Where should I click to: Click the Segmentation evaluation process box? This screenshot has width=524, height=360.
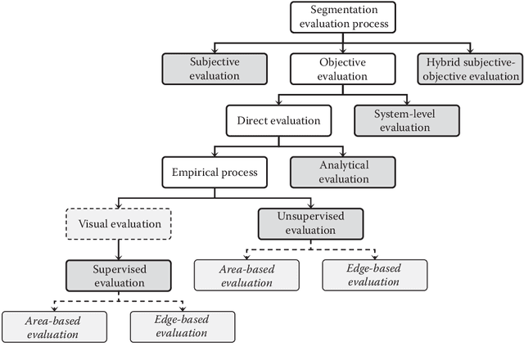pos(342,17)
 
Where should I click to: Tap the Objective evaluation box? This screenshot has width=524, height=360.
pos(341,68)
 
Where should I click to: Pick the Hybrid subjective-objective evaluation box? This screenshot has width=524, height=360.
pos(468,68)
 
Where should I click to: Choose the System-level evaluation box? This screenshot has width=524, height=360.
pos(406,119)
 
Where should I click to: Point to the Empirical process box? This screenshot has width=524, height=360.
pos(215,173)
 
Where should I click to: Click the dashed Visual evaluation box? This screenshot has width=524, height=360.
pos(119,223)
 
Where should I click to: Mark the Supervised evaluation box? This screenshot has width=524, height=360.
pos(119,276)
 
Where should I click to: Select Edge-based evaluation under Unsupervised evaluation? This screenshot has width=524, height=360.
pos(374,276)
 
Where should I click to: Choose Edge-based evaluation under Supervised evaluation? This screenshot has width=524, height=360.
pos(182,327)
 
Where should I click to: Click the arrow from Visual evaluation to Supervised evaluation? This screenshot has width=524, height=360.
pos(119,250)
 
